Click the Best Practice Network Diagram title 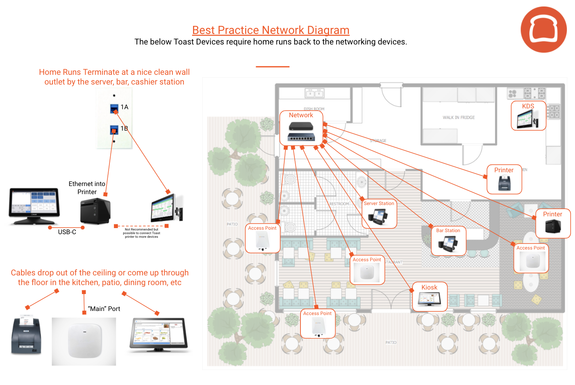(271, 30)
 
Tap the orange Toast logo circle (544, 30)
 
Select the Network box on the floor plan (301, 128)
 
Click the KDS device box (528, 116)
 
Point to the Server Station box (379, 214)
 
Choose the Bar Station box (448, 241)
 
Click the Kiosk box (430, 296)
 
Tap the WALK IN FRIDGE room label (458, 118)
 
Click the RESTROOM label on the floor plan (339, 204)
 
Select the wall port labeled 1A (114, 108)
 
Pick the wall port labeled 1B (114, 130)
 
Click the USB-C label (67, 232)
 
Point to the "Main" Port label (104, 309)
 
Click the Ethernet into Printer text (87, 188)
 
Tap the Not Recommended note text (141, 233)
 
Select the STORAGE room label (378, 141)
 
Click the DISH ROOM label (314, 109)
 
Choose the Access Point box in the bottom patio (318, 324)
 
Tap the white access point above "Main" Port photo (84, 341)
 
